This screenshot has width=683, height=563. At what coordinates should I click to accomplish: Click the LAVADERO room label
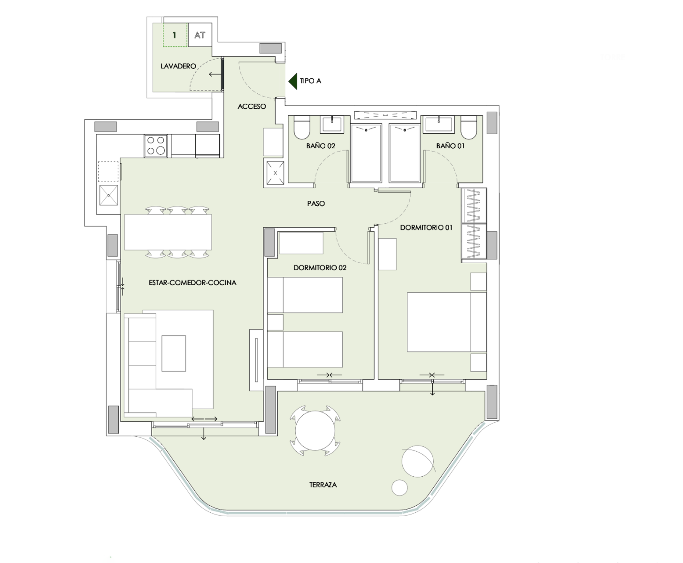coord(178,66)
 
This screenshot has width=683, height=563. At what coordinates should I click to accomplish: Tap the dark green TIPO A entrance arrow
coord(293,81)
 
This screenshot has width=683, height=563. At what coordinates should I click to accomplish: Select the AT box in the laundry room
coord(200,35)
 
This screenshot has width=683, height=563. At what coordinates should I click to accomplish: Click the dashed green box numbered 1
coord(175,35)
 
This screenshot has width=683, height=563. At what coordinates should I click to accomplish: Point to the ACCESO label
coord(252,106)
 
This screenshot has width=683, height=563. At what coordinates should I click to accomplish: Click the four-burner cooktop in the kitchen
coord(156,145)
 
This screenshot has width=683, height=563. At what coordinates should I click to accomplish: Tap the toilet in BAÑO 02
coord(301,128)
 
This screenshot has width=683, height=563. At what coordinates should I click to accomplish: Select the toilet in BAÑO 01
coord(469,128)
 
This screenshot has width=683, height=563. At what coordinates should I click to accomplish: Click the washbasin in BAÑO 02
coord(332,125)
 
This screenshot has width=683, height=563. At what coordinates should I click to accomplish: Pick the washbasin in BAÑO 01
coord(438,125)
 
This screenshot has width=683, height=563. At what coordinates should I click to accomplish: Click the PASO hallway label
coord(316,203)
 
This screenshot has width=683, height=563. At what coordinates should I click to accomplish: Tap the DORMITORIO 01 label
coord(426,228)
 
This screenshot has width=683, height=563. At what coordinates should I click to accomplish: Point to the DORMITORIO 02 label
coord(320,268)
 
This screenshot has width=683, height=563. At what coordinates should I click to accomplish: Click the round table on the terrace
coord(315,431)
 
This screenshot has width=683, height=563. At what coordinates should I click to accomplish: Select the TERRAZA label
coord(323,485)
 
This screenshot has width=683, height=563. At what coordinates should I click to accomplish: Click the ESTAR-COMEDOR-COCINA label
coord(192,283)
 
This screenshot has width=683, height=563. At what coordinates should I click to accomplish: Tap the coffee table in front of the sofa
coord(174,353)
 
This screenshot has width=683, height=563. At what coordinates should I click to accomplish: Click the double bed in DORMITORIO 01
coord(447,322)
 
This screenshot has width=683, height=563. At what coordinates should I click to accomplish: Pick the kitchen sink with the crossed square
coord(108,195)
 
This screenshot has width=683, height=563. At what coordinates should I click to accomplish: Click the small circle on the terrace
coord(399,488)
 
